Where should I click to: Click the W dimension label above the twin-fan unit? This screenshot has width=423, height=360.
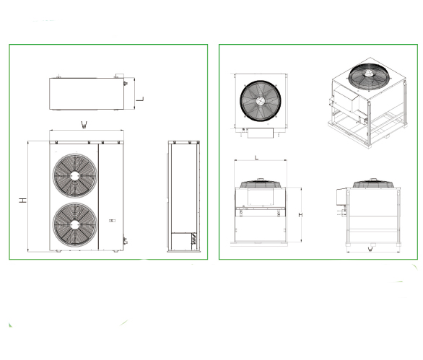coord(84,125)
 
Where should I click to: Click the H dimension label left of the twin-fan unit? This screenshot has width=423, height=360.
coord(23,200)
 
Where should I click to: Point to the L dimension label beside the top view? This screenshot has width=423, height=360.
coord(140,99)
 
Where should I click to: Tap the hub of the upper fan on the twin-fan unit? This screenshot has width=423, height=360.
coord(75,176)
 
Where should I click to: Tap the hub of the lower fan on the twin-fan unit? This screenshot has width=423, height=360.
coord(75,224)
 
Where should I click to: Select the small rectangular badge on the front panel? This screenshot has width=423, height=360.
coord(112,221)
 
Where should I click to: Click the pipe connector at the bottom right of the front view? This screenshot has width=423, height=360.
coord(125,241)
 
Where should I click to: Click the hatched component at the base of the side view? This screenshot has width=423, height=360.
coord(194,238)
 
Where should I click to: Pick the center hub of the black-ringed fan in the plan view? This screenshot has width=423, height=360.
coord(261,101)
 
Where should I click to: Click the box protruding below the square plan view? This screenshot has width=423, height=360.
coord(261,133)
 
